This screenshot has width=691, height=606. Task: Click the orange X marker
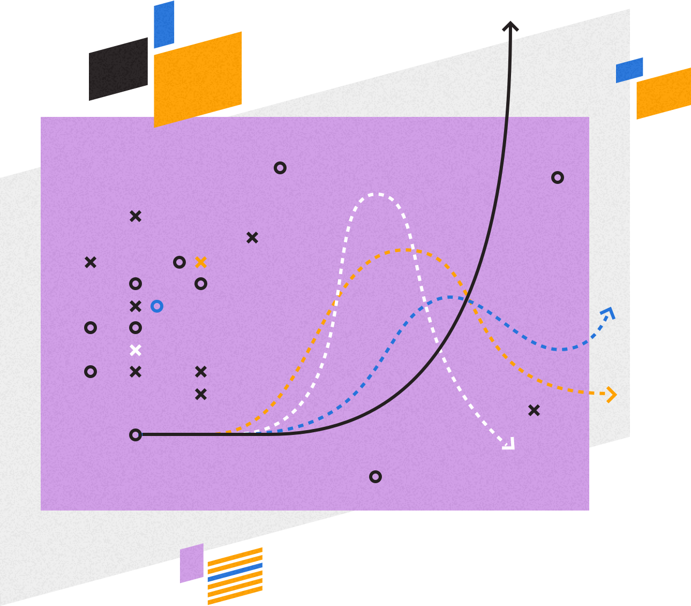[201, 262]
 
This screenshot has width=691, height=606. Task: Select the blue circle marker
[157, 306]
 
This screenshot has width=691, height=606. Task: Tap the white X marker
[136, 350]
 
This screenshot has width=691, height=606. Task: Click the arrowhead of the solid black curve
[510, 26]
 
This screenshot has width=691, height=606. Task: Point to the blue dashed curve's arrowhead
[609, 312]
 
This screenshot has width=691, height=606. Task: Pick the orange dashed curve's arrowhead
[612, 395]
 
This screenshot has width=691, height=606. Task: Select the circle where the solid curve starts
[136, 435]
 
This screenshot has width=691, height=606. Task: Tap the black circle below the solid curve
[375, 477]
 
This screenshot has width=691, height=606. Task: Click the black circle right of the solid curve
[558, 178]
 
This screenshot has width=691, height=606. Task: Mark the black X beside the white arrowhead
[534, 410]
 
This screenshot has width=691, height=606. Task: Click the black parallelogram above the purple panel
[118, 69]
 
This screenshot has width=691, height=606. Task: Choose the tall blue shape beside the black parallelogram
[164, 25]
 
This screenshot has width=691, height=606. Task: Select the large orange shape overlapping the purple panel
[198, 79]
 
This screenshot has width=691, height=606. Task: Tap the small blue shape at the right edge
[629, 70]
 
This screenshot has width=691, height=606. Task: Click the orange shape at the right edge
[664, 93]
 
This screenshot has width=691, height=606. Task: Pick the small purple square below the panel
[192, 563]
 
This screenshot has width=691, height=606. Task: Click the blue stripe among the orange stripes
[235, 573]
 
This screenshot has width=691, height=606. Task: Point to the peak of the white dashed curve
[377, 194]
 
